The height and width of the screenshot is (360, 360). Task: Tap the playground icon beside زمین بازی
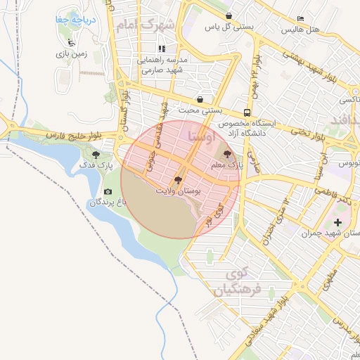[70, 41]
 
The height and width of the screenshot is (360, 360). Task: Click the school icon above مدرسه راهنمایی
[162, 49]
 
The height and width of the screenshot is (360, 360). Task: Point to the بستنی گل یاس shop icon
[229, 15]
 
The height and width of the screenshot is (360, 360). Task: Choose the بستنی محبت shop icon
[201, 99]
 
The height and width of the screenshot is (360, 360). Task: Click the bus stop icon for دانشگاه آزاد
[247, 112]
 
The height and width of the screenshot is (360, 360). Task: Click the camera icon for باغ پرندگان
[108, 192]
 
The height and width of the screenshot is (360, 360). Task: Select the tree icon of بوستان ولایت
[176, 179]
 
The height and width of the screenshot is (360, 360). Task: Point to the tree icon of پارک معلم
[226, 153]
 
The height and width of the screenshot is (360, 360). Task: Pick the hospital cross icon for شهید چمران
[337, 222]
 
